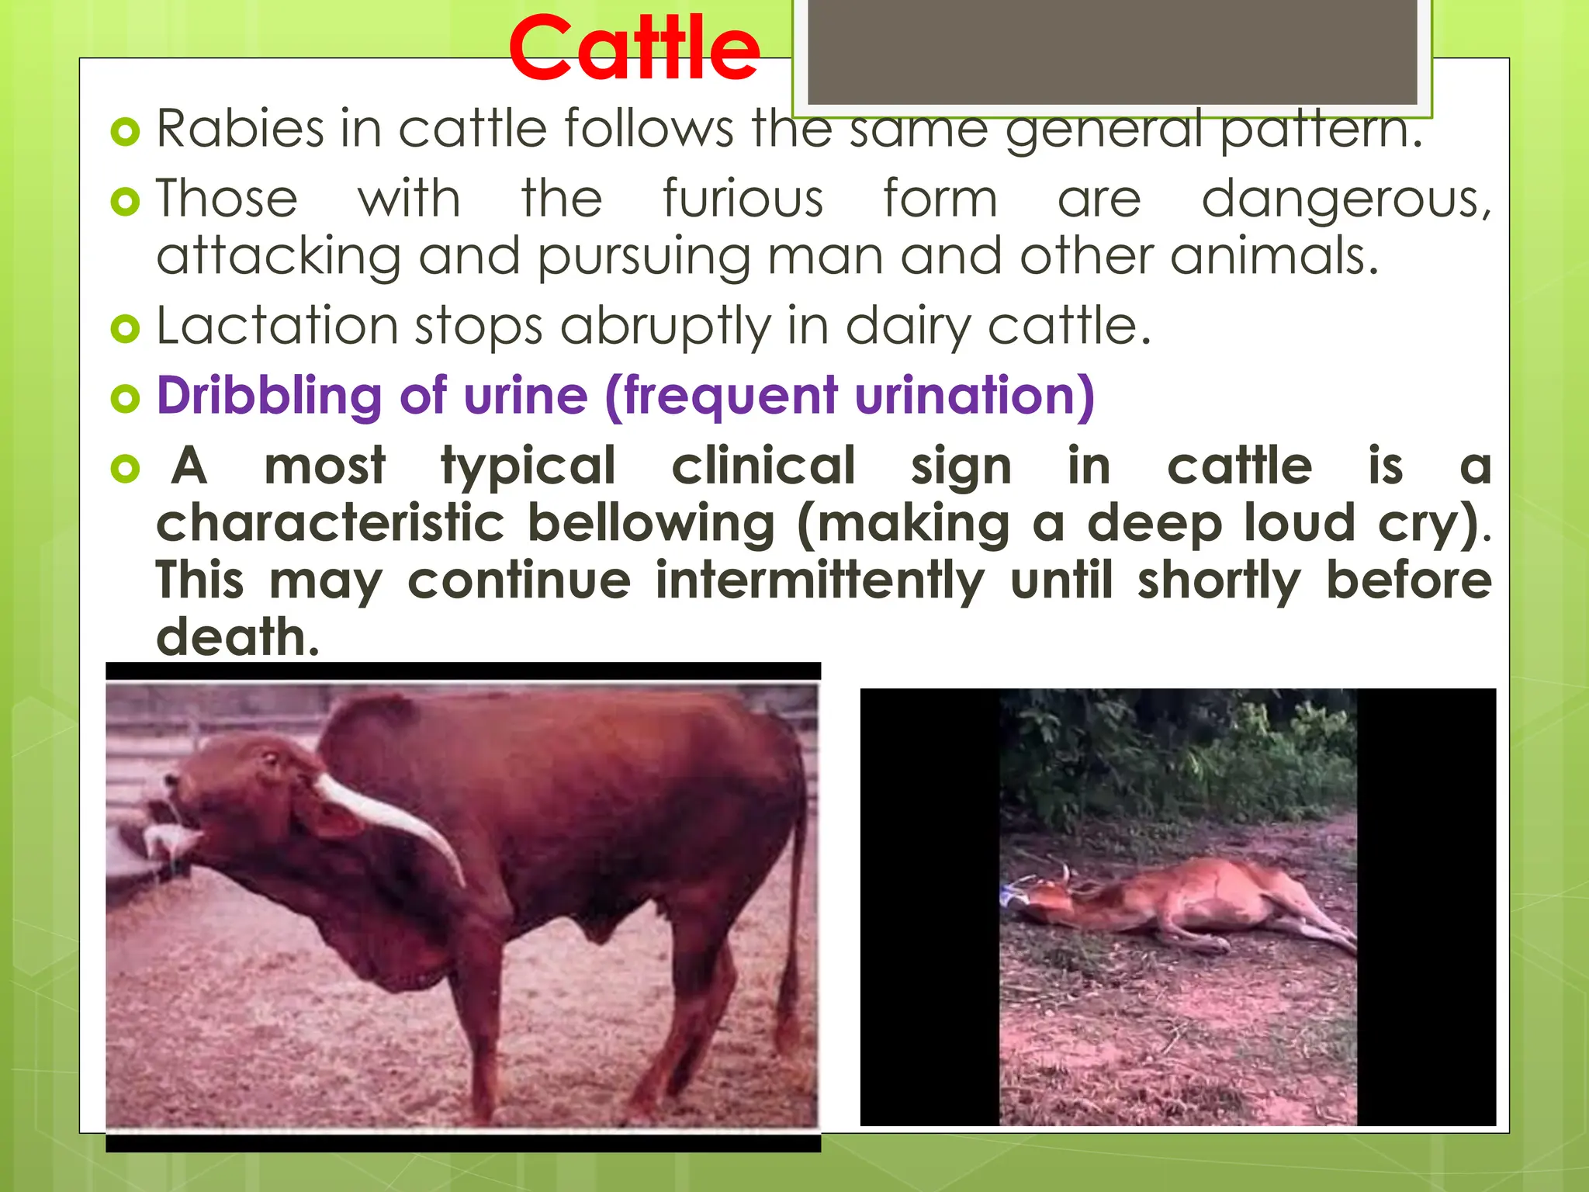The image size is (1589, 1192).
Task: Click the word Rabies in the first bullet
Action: [x=240, y=128]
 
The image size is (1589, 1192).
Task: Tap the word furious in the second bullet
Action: [x=743, y=199]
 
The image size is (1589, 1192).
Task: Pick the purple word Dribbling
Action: [x=269, y=396]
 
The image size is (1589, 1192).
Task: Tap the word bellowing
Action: [x=651, y=523]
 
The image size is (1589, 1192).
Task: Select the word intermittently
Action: [x=819, y=580]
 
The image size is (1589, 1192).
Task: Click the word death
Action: [x=237, y=637]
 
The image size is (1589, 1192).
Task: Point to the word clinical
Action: [x=763, y=466]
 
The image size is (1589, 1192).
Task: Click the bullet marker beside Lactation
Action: [x=125, y=328]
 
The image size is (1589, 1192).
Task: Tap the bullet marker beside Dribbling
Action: [x=125, y=399]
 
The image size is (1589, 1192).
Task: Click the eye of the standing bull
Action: [x=269, y=758]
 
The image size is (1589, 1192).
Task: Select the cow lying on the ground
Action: [x=1187, y=904]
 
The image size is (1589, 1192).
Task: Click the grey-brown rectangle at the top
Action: [x=1112, y=50]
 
